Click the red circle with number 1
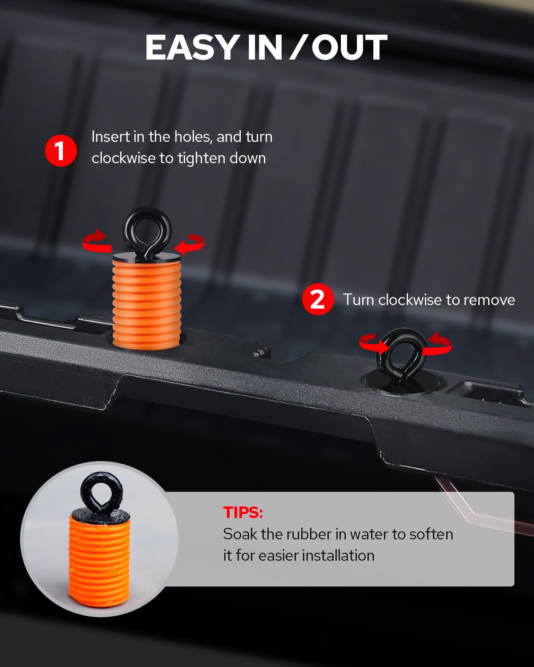(61, 150)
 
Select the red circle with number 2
(318, 299)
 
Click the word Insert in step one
(110, 137)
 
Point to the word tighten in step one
(202, 158)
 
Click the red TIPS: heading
(243, 512)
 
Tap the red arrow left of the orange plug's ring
(97, 241)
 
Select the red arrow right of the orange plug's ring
(190, 244)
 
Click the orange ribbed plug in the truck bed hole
(146, 304)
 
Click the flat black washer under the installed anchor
(402, 384)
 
